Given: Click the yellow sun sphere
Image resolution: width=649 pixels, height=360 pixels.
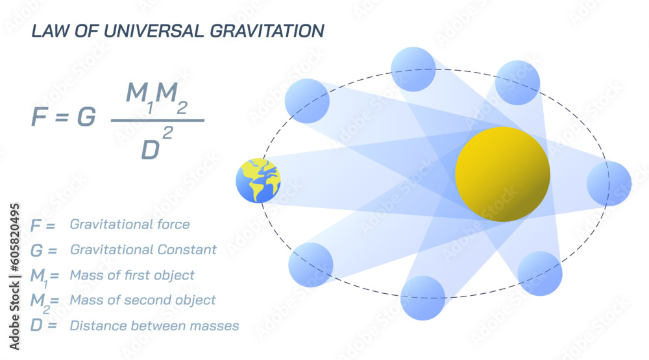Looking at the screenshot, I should tap(502, 174).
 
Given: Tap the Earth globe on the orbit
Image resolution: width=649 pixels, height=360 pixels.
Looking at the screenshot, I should tap(258, 180).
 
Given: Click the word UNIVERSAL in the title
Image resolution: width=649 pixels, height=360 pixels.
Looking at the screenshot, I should tap(129, 30).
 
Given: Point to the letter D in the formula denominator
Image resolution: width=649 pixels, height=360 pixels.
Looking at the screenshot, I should tap(151, 149).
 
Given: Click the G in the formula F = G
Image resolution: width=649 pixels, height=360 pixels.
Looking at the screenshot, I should tap(86, 117).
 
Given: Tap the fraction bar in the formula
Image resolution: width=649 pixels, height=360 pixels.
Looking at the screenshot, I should tap(157, 121).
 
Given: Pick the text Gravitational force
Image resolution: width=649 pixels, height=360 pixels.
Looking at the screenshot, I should tap(130, 224).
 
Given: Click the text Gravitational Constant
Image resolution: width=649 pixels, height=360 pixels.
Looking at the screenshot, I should tap(143, 250).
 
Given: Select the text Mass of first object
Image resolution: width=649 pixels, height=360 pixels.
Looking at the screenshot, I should tap(132, 275).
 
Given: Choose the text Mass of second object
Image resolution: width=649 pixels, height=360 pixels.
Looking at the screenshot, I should tap(143, 300).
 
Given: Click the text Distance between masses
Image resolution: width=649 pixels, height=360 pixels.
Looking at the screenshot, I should tap(154, 325).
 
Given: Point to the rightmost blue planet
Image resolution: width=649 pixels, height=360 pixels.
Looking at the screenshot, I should tap(609, 184).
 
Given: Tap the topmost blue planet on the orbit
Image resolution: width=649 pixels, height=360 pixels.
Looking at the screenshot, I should tap(413, 69).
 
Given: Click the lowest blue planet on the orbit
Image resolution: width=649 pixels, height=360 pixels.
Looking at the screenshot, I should tap(422, 298).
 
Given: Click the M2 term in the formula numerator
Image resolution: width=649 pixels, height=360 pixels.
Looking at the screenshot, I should tap(172, 97).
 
